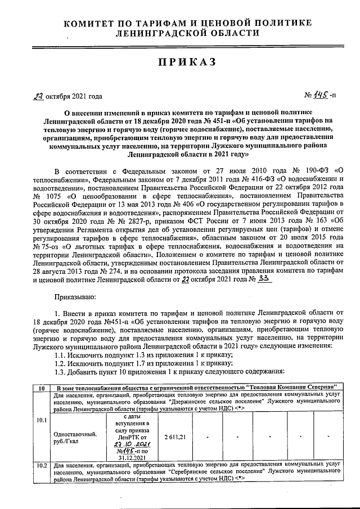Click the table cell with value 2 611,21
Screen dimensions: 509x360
coord(175,436)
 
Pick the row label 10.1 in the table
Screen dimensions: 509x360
coord(41,420)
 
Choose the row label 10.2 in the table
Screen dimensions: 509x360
coord(41,465)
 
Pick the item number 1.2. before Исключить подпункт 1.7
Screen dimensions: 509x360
coord(62,362)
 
